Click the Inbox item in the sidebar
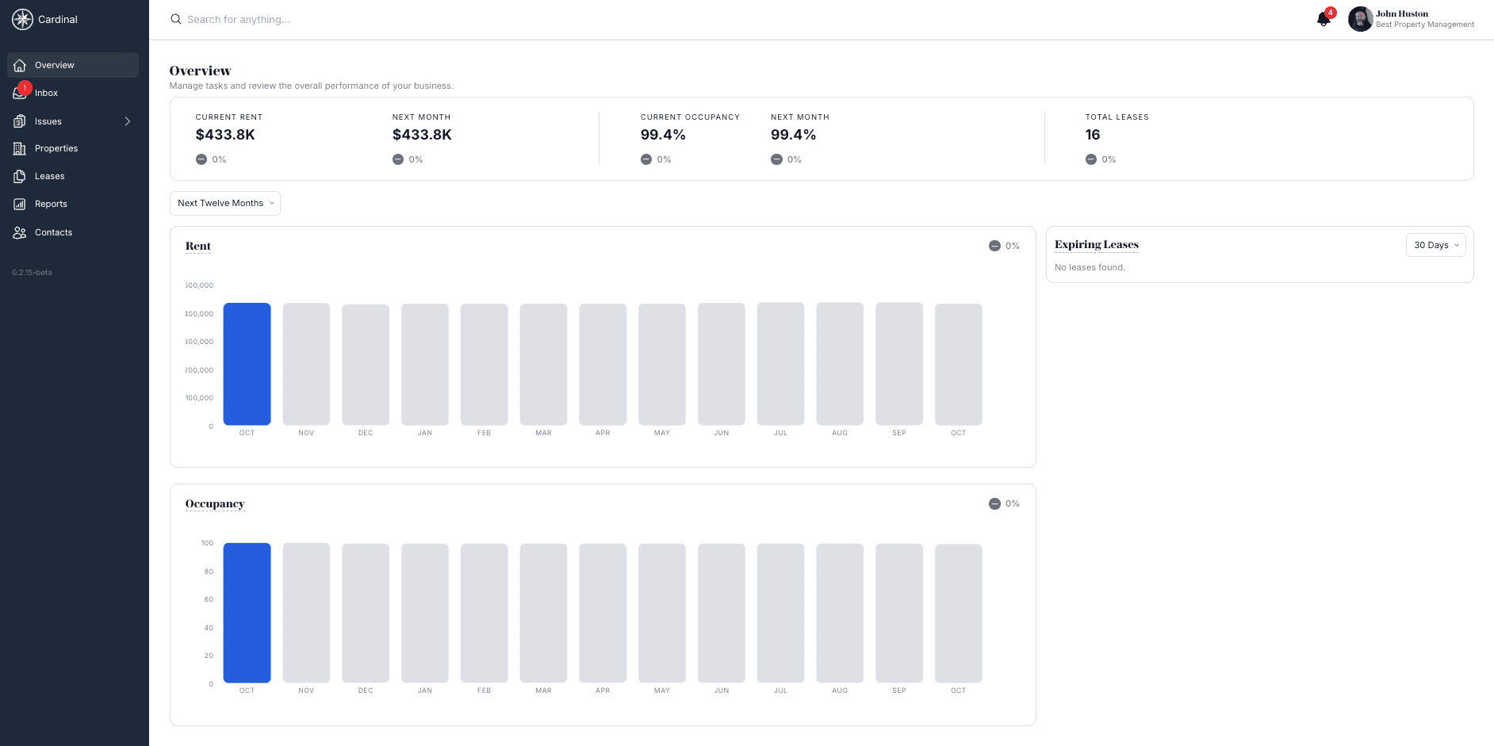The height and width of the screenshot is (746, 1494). [x=46, y=93]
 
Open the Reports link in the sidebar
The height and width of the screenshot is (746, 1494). [x=51, y=204]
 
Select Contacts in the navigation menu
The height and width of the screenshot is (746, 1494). [x=53, y=232]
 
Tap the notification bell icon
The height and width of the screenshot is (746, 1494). [x=1323, y=19]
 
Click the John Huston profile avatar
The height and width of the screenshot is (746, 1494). [x=1360, y=19]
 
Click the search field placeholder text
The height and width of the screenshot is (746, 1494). [x=239, y=19]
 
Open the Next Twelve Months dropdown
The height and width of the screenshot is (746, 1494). [x=225, y=203]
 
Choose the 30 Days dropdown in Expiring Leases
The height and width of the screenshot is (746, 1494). [x=1435, y=245]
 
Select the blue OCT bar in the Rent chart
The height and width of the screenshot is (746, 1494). [x=247, y=364]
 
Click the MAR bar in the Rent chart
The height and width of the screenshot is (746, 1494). [x=543, y=364]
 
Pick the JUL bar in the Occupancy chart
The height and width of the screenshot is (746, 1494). [x=780, y=613]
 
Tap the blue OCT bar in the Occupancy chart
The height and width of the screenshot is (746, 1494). [x=247, y=613]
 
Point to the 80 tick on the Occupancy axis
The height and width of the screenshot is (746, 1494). [x=209, y=572]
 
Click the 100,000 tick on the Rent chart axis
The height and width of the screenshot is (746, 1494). [x=200, y=398]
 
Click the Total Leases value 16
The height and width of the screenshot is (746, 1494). [x=1093, y=135]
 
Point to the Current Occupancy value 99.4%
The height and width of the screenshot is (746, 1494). [x=663, y=135]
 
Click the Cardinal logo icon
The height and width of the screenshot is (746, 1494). [x=22, y=19]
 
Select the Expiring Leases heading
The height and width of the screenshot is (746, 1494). [x=1096, y=244]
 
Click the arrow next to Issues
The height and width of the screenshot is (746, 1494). [x=127, y=121]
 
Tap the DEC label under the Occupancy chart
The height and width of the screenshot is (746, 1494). [x=366, y=691]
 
